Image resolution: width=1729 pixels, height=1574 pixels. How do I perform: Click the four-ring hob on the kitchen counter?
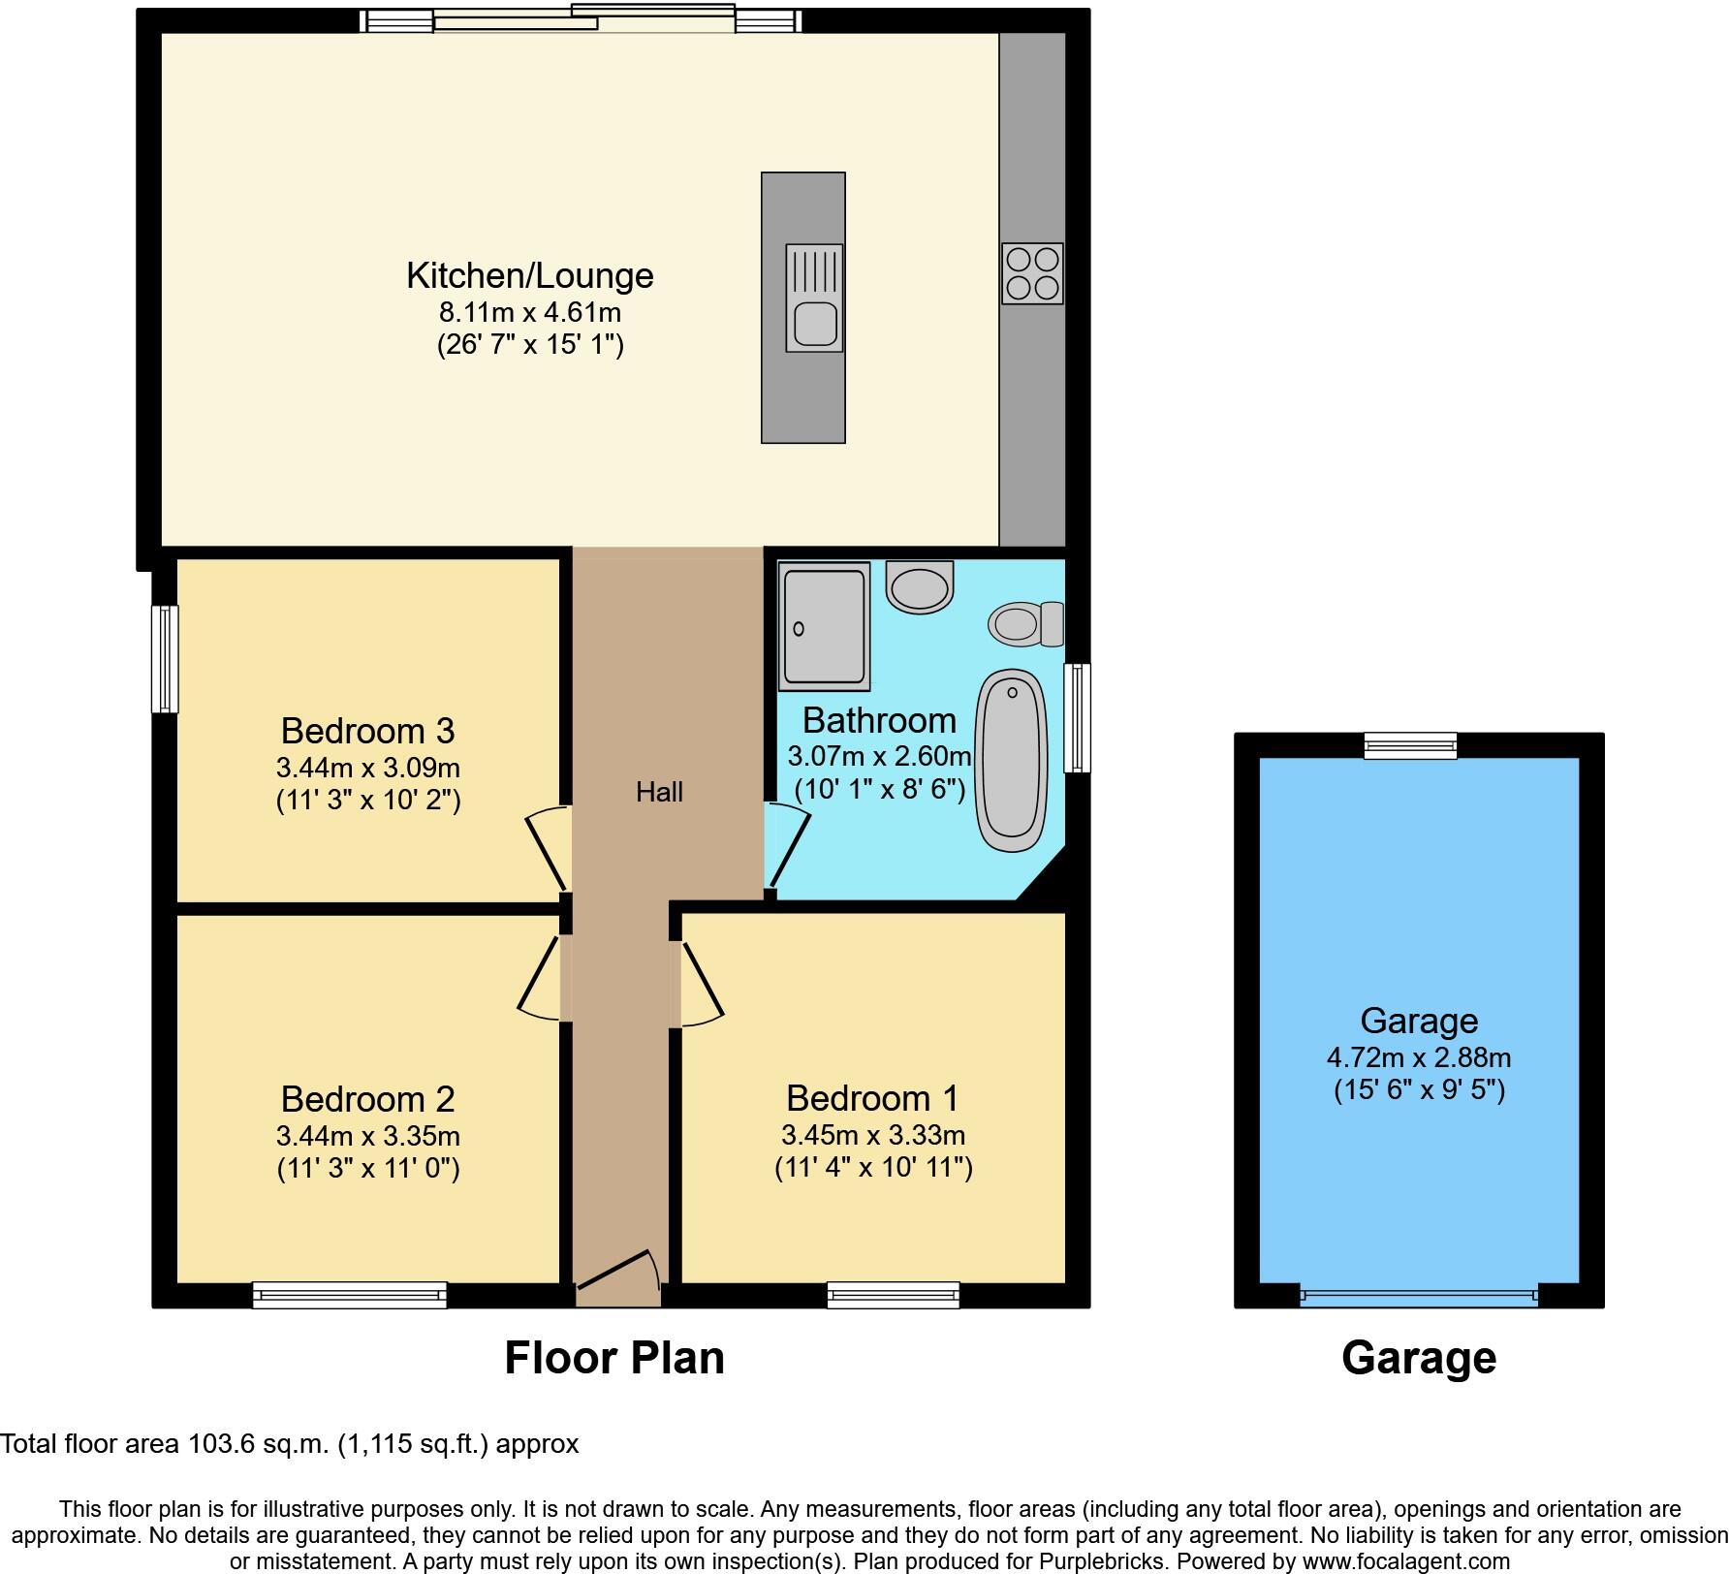click(x=1032, y=273)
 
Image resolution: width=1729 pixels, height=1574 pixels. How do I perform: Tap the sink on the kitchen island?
click(x=814, y=298)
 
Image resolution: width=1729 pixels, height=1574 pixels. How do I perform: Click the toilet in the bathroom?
click(x=1026, y=623)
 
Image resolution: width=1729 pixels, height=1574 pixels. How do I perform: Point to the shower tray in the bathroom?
click(x=824, y=629)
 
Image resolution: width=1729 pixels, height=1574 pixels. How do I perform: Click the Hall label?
click(x=659, y=793)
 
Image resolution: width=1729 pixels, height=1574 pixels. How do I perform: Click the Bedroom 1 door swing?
click(x=702, y=985)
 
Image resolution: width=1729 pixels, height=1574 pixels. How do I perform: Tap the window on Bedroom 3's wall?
click(x=166, y=659)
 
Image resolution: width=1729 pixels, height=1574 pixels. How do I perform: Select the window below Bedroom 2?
click(x=350, y=1295)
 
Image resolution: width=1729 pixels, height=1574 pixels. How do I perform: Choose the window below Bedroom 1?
click(x=893, y=1295)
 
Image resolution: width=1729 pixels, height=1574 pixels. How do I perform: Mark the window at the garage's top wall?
click(x=1410, y=745)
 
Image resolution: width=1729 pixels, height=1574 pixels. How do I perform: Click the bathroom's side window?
click(x=1077, y=717)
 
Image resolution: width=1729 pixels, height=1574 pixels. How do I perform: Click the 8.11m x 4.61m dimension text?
click(x=530, y=313)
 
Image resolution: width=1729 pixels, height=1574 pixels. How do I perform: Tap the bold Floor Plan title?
click(x=614, y=1358)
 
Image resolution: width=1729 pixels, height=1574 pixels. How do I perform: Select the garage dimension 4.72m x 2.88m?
click(x=1419, y=1057)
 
